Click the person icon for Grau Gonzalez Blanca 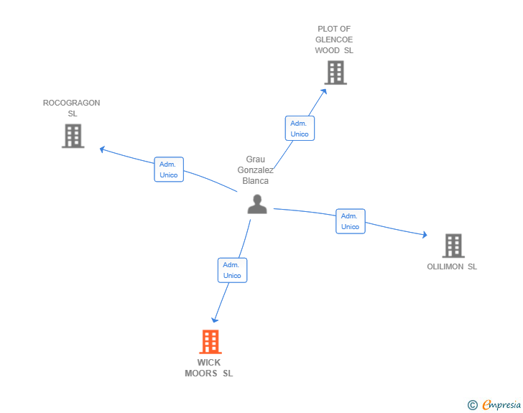[256, 204]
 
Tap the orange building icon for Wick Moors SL [210, 342]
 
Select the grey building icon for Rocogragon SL [73, 136]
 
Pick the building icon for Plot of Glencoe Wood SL [335, 73]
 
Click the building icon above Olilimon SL [453, 246]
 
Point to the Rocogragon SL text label [72, 108]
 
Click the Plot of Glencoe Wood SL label [334, 40]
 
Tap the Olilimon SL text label [452, 267]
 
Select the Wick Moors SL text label [209, 368]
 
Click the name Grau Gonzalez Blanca [256, 170]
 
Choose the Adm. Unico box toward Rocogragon [169, 170]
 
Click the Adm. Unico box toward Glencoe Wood [300, 129]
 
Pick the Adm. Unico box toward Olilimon [350, 221]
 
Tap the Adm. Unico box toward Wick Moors [232, 270]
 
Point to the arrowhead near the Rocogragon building [102, 149]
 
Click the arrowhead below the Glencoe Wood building [325, 91]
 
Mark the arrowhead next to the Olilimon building [425, 235]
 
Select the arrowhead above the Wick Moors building [214, 320]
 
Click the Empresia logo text [501, 405]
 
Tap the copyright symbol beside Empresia [473, 405]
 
